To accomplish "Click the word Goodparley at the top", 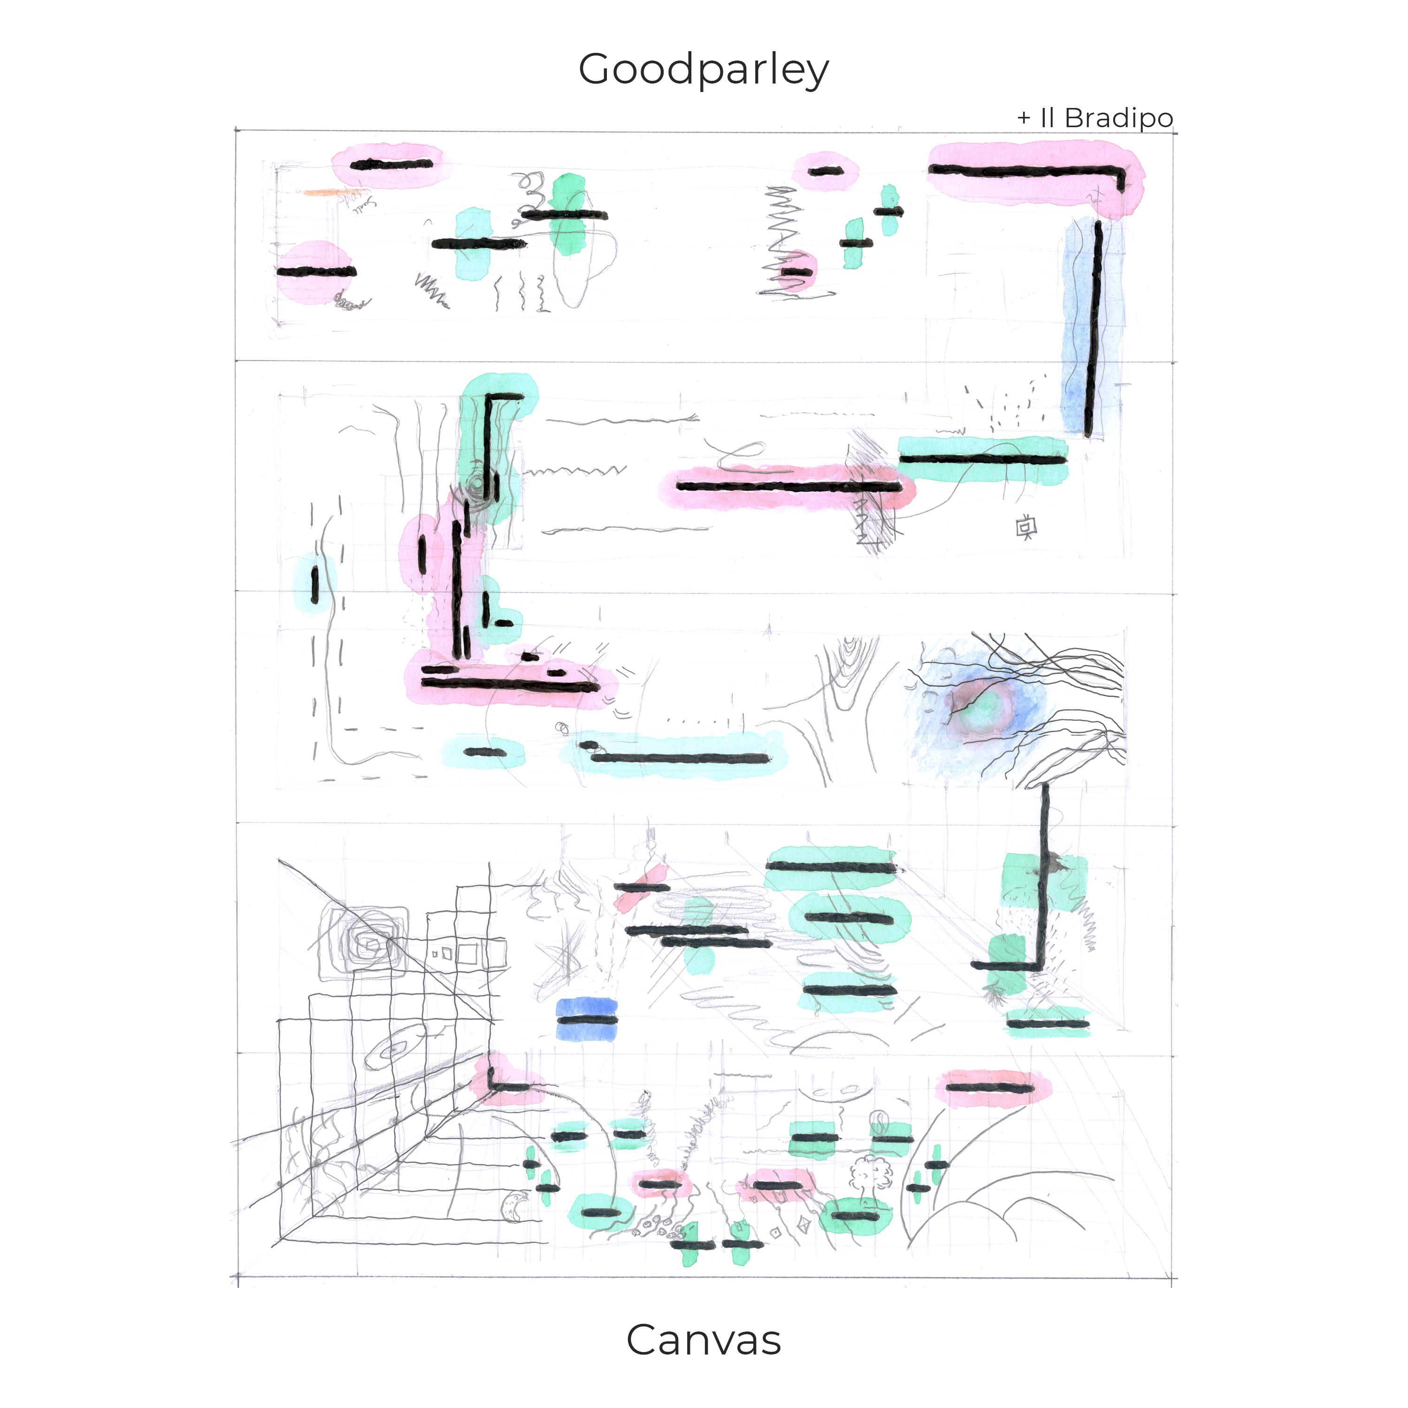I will pos(703,71).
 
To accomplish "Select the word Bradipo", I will pos(1119,118).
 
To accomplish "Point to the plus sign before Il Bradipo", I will pos(1024,118).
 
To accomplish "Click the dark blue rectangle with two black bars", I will pos(587,1019).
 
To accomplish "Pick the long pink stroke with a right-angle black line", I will pos(1035,175).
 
